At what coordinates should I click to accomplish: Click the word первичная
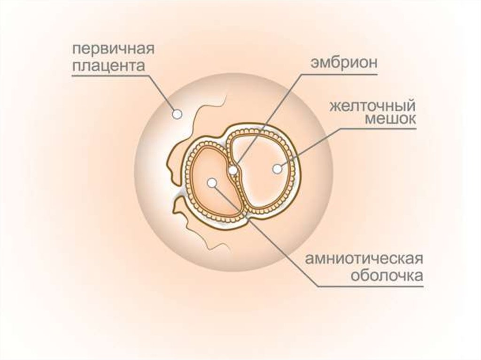click(x=113, y=49)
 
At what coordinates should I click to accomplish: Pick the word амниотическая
click(x=365, y=259)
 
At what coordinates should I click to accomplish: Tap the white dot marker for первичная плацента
click(x=177, y=114)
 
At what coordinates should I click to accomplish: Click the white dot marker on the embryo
click(x=233, y=169)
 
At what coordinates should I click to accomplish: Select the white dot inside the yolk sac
click(x=278, y=169)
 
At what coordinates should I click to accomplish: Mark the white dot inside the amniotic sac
click(x=212, y=183)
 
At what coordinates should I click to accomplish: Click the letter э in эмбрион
click(x=311, y=64)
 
